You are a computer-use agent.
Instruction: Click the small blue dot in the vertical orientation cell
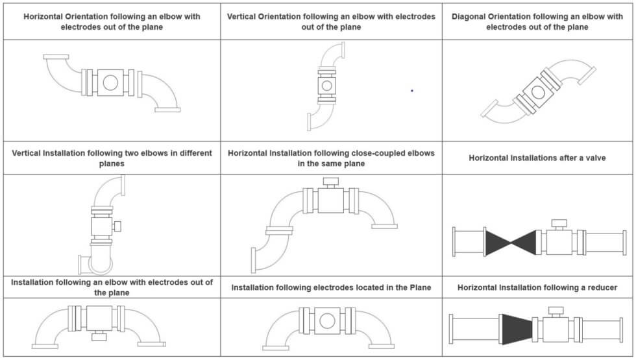coord(411,91)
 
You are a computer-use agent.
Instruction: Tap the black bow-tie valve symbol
coord(510,243)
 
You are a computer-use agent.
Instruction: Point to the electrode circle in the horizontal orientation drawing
coord(110,82)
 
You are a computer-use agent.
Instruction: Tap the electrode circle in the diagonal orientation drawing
coord(537,91)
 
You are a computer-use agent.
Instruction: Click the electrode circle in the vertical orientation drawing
coord(326,85)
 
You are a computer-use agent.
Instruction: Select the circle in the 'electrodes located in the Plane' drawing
coord(327,320)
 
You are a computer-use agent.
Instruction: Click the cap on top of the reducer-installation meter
coord(555,311)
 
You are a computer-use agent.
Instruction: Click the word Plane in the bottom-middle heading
coord(419,287)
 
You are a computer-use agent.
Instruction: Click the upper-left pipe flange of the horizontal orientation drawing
coord(56,57)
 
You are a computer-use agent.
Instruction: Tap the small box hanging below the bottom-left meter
coord(100,337)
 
